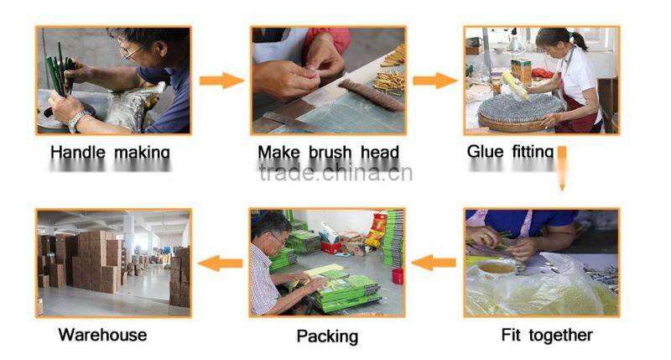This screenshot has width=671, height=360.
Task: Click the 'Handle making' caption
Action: point(110,153)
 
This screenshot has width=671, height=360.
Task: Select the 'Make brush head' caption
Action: point(328,153)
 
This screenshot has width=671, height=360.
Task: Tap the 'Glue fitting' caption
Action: point(510,152)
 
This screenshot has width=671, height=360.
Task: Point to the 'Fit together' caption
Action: point(546,336)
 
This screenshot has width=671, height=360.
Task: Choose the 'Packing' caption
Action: point(327,337)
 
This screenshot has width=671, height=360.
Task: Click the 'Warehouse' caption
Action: point(102,336)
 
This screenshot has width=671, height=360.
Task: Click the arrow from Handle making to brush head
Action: point(221,81)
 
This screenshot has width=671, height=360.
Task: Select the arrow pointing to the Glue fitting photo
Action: point(435,81)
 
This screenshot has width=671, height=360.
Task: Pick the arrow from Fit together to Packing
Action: point(434,263)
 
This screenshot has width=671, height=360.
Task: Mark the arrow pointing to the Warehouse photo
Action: point(221,263)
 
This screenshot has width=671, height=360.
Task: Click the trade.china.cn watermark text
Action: point(335,174)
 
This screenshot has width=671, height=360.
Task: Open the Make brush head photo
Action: point(328,80)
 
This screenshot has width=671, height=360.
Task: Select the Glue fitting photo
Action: point(541,80)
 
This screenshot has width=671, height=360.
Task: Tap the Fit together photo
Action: point(541,263)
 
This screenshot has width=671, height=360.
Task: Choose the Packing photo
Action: point(327,263)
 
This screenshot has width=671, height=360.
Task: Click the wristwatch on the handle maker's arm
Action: point(76,120)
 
